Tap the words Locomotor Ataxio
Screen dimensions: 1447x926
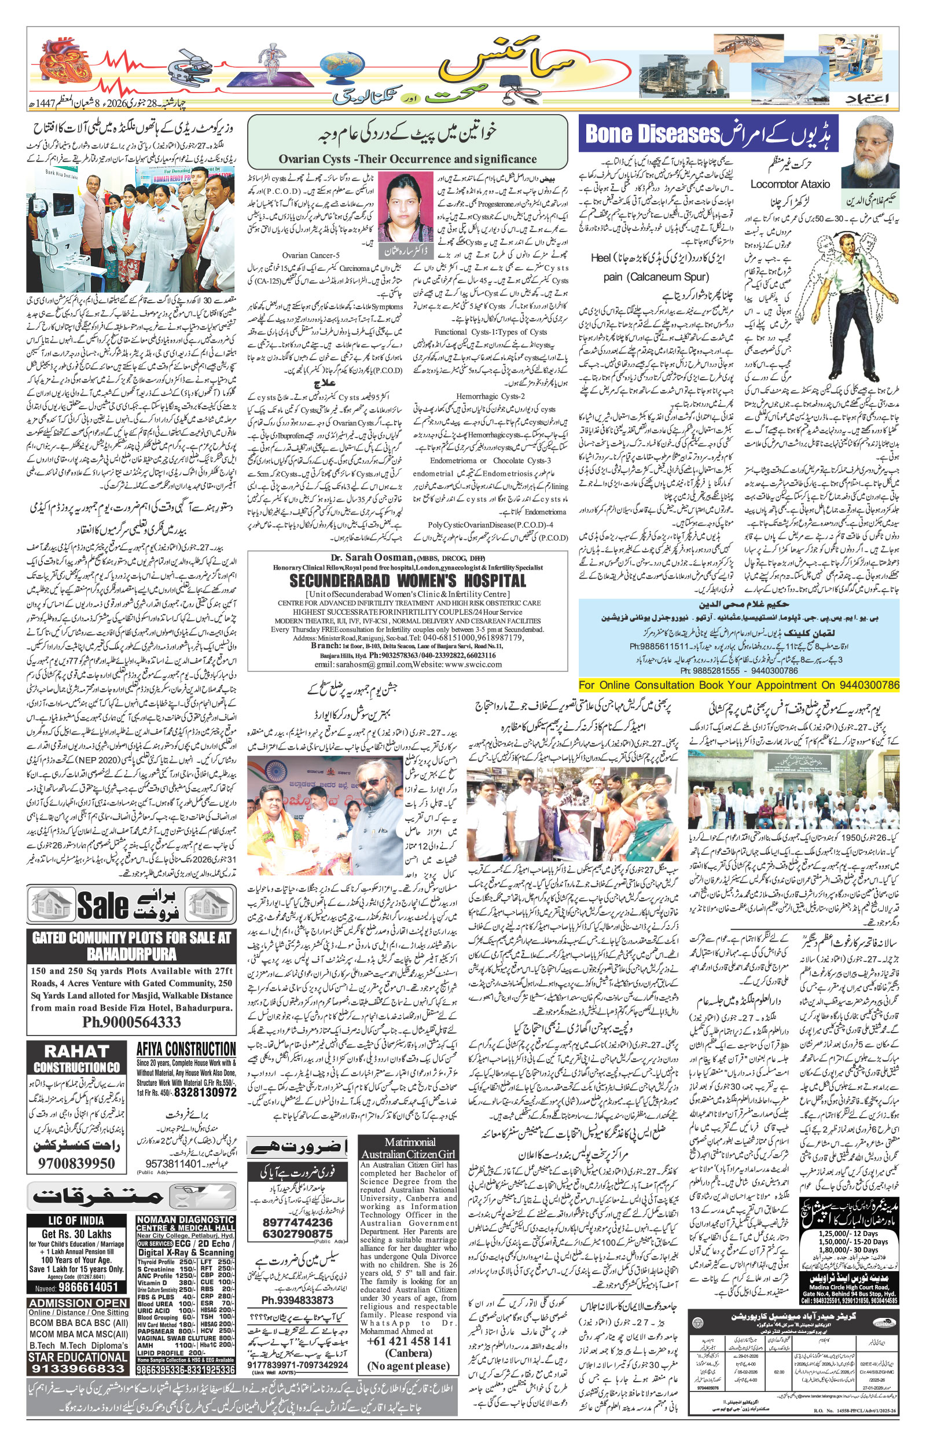coord(789,184)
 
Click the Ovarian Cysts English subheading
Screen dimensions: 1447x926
coord(407,159)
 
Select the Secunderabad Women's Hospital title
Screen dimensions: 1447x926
coord(407,581)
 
